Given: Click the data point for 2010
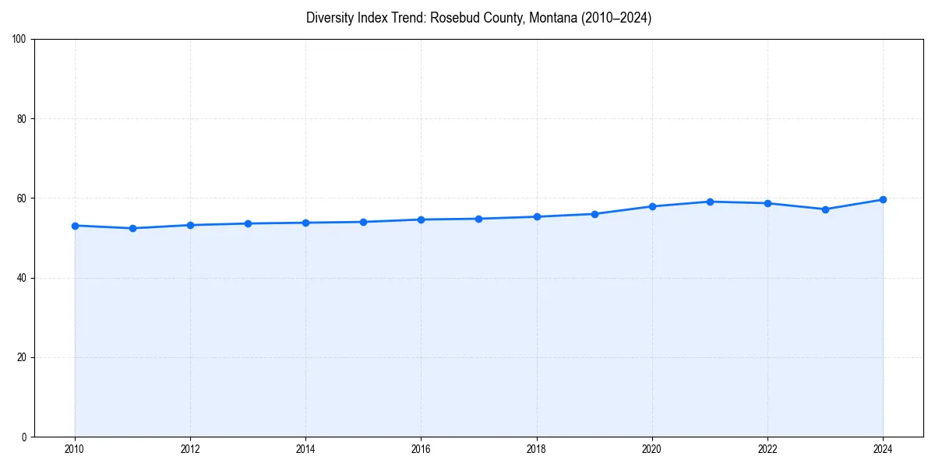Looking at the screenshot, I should (x=75, y=226).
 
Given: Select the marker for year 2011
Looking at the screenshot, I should (x=132, y=228).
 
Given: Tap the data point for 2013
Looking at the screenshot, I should (x=248, y=223).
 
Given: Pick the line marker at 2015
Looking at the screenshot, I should (x=363, y=222).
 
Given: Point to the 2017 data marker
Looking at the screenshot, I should (x=478, y=219).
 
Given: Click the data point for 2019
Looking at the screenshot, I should (x=595, y=214).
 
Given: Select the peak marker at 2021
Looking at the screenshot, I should (x=710, y=202).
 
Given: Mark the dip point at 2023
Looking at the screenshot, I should (x=825, y=209).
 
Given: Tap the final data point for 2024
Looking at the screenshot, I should (x=883, y=199).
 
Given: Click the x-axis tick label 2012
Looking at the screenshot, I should (x=190, y=449).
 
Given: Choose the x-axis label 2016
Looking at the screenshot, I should (x=421, y=449).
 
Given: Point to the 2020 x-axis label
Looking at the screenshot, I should (x=652, y=449).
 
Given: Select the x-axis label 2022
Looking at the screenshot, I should (x=767, y=449).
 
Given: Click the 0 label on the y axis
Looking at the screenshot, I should (x=25, y=437).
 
